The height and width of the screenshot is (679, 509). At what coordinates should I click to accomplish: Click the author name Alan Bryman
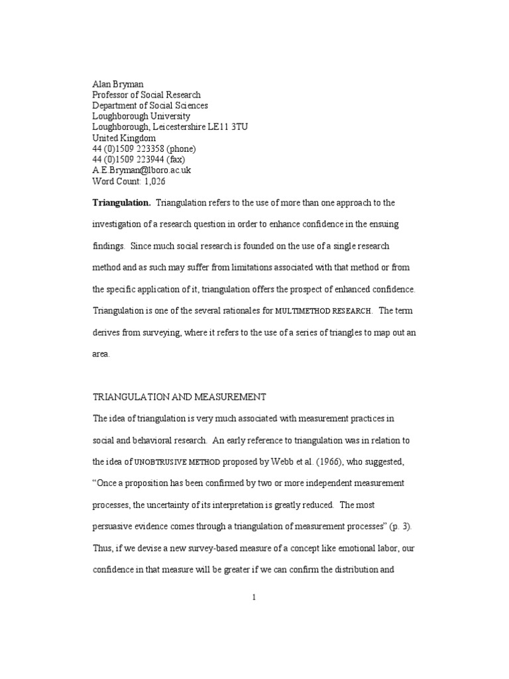pos(117,84)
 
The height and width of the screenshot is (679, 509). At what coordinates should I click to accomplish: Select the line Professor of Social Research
pos(146,95)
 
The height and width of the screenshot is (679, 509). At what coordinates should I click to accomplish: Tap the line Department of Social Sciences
pos(150,105)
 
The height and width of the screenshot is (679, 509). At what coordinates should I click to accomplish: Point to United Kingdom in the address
pos(124,137)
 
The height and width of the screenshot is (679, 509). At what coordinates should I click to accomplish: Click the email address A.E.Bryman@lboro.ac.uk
pos(142,169)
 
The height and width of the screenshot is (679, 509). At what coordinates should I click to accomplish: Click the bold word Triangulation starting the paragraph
pos(121,202)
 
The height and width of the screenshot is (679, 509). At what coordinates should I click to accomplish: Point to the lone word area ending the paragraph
pos(100,354)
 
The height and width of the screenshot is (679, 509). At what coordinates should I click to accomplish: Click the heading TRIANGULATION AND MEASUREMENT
pos(179,397)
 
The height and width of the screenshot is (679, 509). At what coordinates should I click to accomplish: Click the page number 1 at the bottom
pos(254,597)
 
